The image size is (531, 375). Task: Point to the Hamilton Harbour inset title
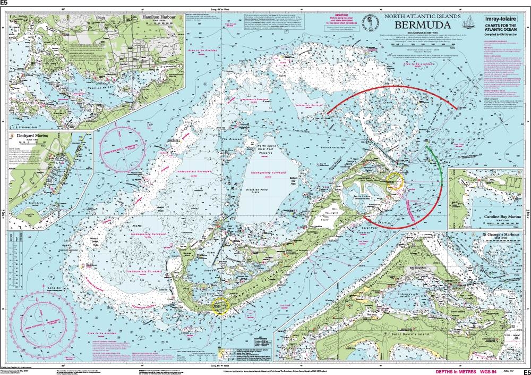click(158, 17)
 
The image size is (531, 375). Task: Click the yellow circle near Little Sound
click(220, 305)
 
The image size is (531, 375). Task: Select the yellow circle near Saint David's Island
click(396, 181)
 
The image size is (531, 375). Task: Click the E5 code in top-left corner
click(5, 3)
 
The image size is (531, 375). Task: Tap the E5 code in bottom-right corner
click(526, 371)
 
